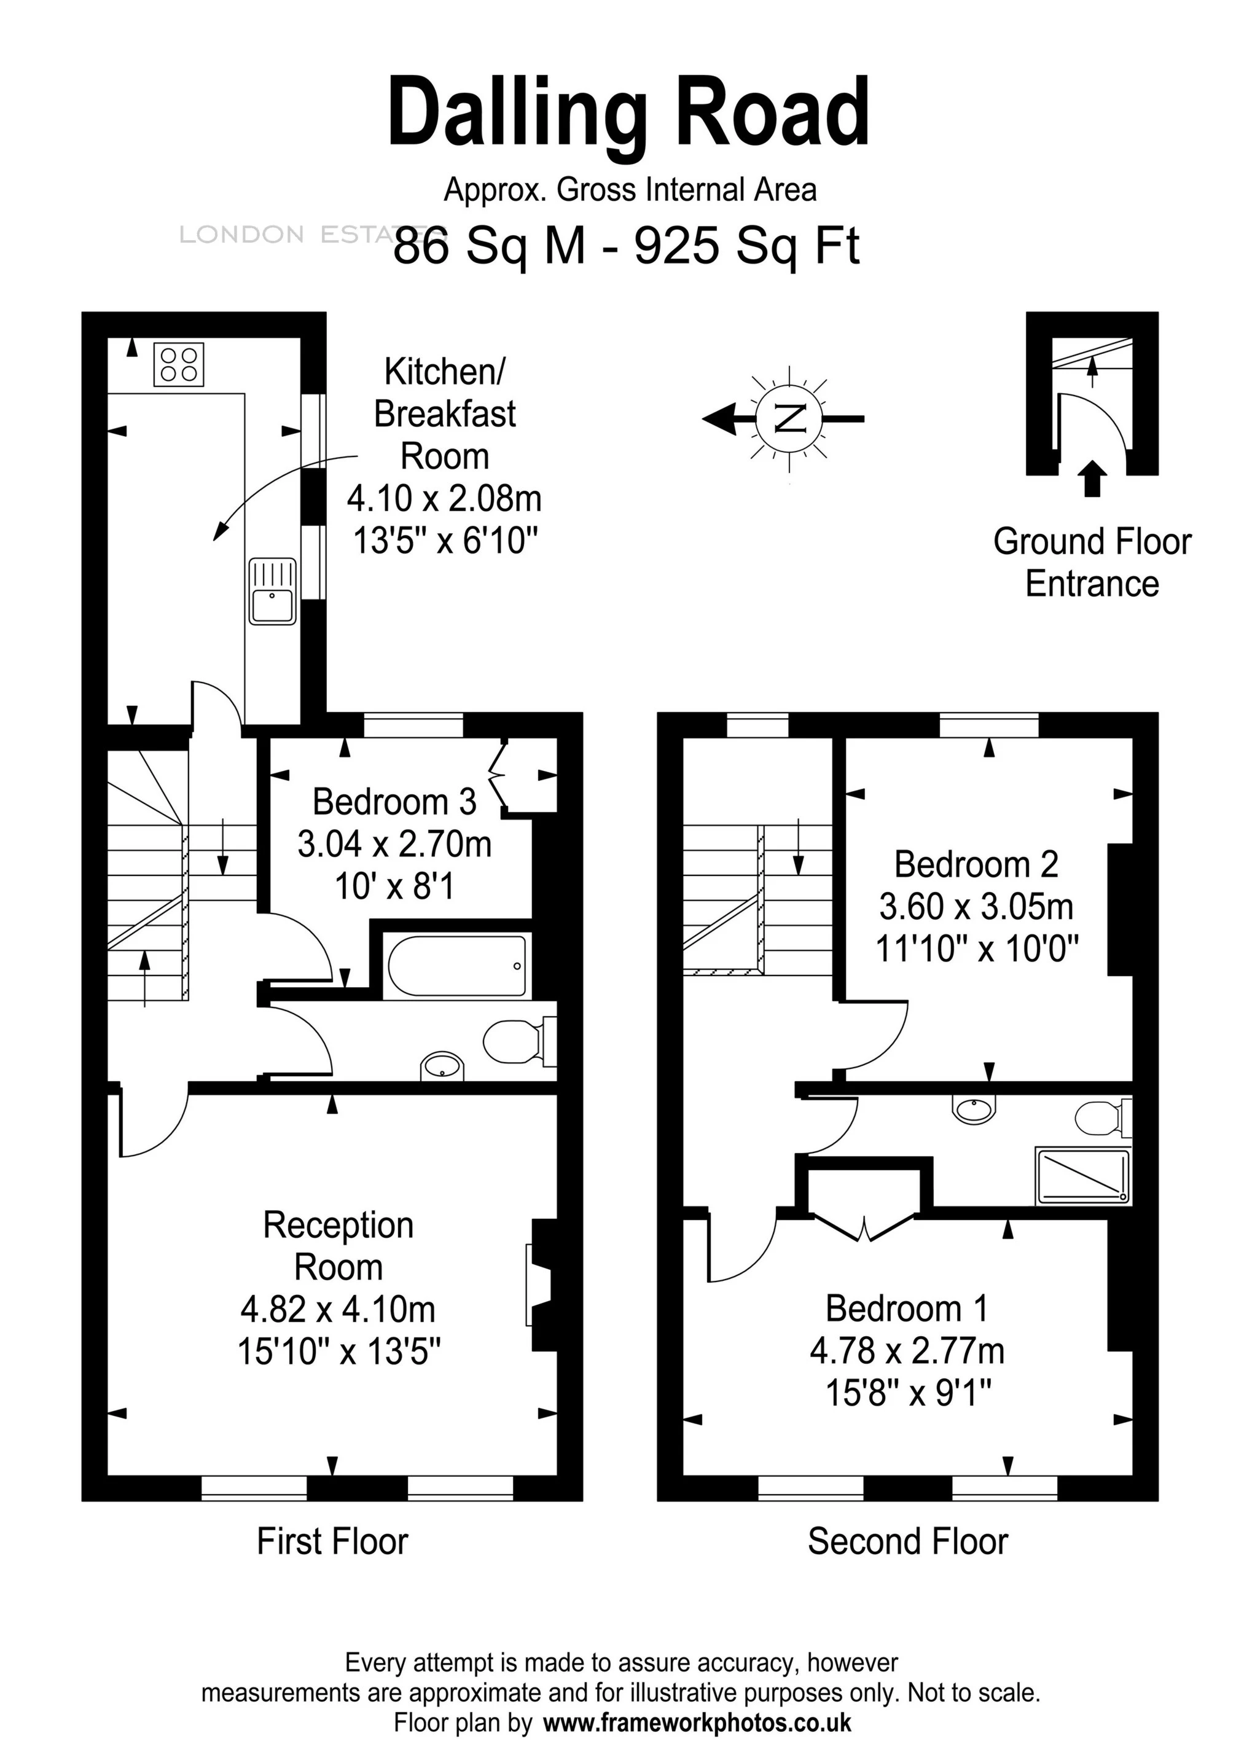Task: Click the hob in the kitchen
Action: (179, 364)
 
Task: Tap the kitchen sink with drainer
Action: (272, 590)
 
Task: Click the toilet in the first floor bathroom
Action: (517, 1042)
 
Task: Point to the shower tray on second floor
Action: (1082, 1175)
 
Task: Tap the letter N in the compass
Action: (789, 418)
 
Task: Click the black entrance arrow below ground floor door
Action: (1092, 479)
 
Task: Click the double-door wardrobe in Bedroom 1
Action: (864, 1209)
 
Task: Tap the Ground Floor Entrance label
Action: (1092, 563)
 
